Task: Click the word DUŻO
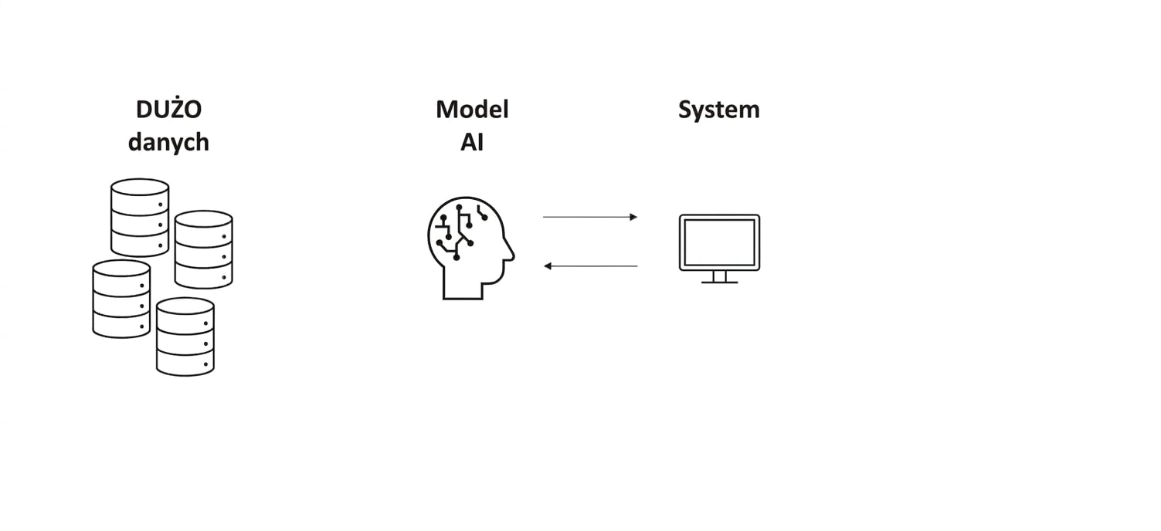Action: (x=168, y=108)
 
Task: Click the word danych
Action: (x=168, y=142)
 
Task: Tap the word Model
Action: (x=472, y=110)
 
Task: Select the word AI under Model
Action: (x=472, y=142)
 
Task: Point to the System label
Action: (x=719, y=110)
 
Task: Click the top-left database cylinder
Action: (x=139, y=218)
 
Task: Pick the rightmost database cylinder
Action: (x=204, y=249)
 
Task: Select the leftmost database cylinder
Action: (x=121, y=299)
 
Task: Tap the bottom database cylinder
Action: (x=185, y=337)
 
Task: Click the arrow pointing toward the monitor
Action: (x=590, y=217)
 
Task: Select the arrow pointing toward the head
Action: (x=590, y=266)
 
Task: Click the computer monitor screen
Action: (x=719, y=242)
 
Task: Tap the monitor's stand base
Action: (x=719, y=282)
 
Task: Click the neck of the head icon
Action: (x=463, y=291)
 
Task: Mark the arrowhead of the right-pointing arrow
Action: (x=634, y=217)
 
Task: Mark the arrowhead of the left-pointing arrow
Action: (x=548, y=266)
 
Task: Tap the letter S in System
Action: (x=685, y=110)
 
